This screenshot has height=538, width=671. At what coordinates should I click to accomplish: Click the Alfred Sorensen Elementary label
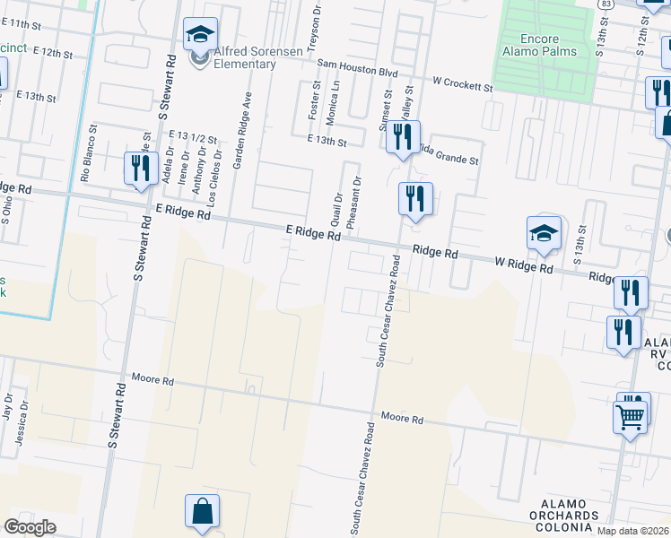click(x=244, y=57)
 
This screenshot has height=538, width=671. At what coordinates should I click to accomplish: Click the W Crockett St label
click(x=462, y=84)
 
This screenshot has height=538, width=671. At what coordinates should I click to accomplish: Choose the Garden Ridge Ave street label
click(x=241, y=130)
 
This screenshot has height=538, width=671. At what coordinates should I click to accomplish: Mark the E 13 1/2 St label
click(x=194, y=136)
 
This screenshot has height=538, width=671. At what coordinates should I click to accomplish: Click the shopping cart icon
click(x=630, y=417)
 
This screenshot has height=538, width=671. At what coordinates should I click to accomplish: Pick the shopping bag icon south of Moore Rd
click(x=202, y=511)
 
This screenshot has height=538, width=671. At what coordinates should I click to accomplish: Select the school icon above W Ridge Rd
click(x=544, y=234)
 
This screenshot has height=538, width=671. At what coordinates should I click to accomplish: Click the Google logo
click(x=30, y=526)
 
